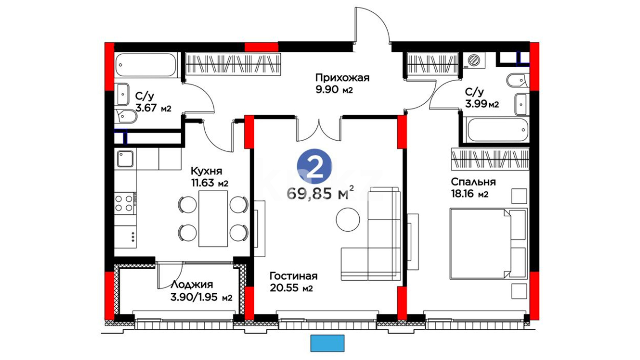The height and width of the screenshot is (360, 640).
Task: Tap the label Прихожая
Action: click(x=342, y=78)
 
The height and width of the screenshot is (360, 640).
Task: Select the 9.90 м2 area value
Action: click(x=334, y=90)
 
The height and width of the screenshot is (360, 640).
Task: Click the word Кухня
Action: click(x=206, y=171)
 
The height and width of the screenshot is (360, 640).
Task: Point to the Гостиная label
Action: click(x=293, y=276)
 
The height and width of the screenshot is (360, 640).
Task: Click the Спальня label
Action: click(x=473, y=182)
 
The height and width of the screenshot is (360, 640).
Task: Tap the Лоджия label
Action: click(x=192, y=285)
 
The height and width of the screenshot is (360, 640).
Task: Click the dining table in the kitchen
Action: click(x=213, y=219)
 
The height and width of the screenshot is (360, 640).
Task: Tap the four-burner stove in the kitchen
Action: click(x=125, y=203)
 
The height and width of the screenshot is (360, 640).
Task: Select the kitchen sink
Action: click(x=125, y=159)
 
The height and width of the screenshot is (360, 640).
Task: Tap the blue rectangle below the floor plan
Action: click(x=327, y=343)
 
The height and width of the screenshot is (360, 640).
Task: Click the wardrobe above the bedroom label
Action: click(x=490, y=159)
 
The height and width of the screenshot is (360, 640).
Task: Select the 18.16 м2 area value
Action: click(x=470, y=194)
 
